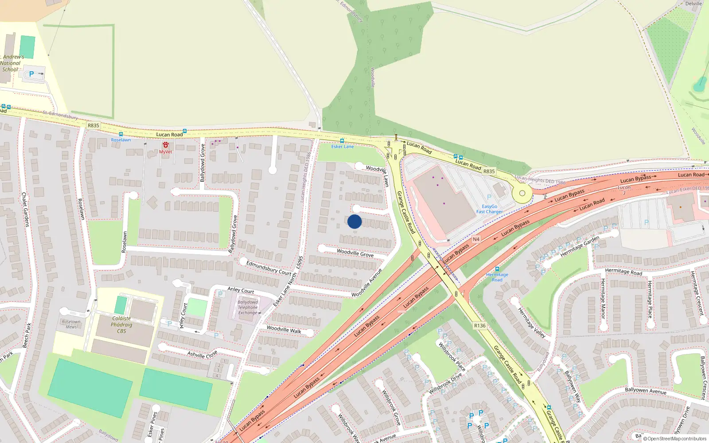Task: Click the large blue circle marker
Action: point(354,221)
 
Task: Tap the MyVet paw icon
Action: point(166,145)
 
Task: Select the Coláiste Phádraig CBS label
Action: point(121,325)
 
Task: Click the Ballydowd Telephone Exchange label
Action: point(248,307)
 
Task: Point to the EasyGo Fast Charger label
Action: point(489,209)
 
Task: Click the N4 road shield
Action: point(476,239)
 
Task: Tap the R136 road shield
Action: point(480,326)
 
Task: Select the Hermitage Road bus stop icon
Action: point(497,269)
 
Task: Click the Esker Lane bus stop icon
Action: point(342,141)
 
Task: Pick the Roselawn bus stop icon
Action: point(121,134)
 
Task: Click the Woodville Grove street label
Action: point(355,253)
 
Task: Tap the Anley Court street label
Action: point(241,290)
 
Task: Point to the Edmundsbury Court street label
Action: point(269,268)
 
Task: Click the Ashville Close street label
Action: point(202,355)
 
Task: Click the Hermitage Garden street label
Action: point(580,247)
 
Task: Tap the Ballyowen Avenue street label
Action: point(646,390)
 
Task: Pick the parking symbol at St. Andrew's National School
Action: point(31,74)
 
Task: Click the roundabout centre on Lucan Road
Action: point(522,193)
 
